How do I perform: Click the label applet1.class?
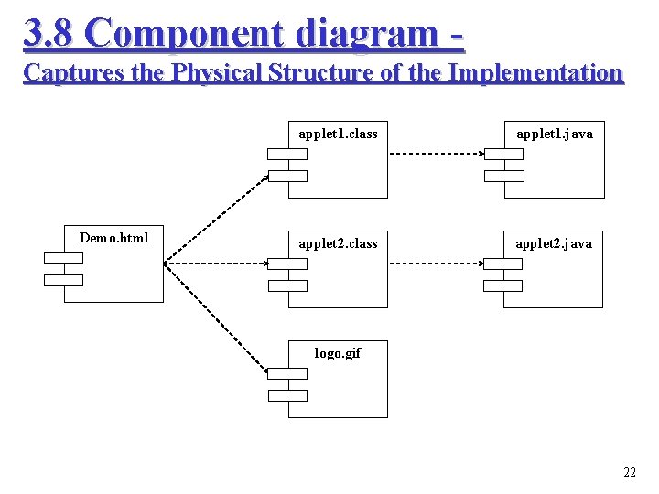click(338, 134)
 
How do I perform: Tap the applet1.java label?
click(555, 134)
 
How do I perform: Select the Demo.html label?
click(113, 238)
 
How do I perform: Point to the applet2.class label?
click(338, 243)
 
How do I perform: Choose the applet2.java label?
click(554, 243)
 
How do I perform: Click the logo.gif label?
click(338, 352)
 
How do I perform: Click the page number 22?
click(629, 472)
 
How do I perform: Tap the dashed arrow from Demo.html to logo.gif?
click(215, 317)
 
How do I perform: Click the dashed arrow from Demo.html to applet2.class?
click(216, 263)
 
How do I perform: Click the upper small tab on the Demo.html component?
click(63, 258)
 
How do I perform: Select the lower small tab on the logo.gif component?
click(286, 395)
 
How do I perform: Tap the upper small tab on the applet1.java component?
click(504, 154)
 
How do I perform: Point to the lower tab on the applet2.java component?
click(502, 285)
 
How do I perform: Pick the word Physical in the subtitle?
click(212, 73)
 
